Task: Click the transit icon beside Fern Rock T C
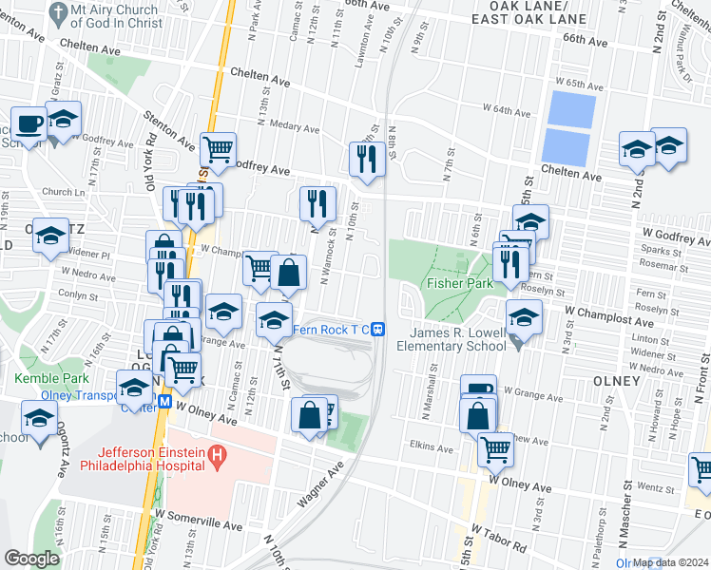pos(377,330)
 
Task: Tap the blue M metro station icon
pos(164,402)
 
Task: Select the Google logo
pos(31,558)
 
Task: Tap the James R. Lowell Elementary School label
pos(458,339)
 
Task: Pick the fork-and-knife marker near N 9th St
pos(366,158)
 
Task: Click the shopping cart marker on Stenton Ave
pos(218,149)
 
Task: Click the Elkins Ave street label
pos(432,446)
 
